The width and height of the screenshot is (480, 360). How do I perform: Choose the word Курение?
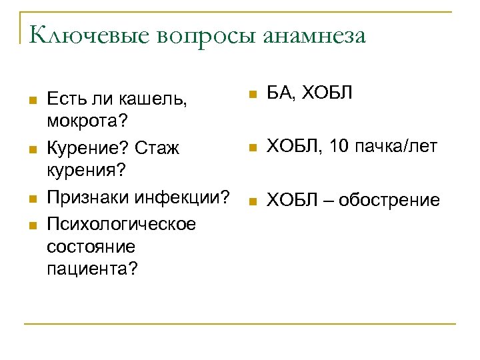coord(85,148)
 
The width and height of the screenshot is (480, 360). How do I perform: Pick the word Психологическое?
coord(121,223)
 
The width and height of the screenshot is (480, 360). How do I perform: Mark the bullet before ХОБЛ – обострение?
coord(251,200)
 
